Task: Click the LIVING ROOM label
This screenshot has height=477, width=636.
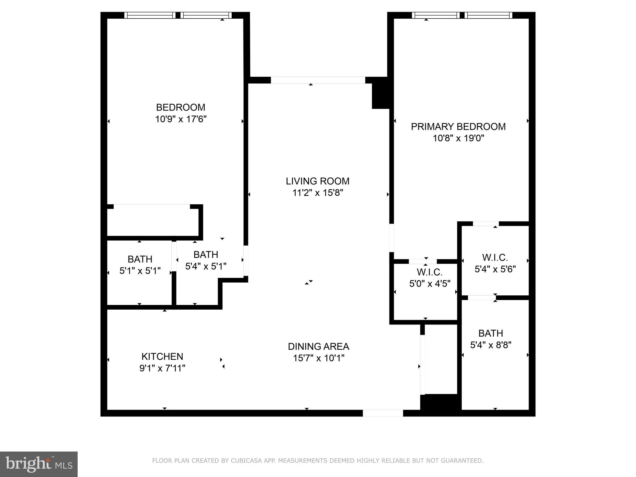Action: point(317,181)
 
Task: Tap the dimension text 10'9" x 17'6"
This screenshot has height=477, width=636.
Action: point(181,119)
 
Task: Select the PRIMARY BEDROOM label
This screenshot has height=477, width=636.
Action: point(458,127)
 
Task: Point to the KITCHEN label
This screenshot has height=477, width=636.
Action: point(162,356)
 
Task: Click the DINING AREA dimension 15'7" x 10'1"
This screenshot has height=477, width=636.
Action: point(319,358)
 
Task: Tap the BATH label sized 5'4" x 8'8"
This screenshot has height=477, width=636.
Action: point(490,333)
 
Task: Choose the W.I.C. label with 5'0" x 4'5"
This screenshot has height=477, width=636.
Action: point(429,272)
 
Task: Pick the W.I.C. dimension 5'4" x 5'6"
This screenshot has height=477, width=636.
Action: point(495,269)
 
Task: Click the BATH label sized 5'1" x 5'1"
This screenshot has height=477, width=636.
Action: point(140,259)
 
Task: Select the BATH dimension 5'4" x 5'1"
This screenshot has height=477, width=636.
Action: point(206,266)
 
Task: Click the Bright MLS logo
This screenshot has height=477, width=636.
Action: point(39,464)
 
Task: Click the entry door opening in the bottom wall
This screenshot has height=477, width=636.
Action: point(383,413)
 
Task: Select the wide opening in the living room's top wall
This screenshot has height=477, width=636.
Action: point(318,80)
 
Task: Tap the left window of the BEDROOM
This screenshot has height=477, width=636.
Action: point(150,15)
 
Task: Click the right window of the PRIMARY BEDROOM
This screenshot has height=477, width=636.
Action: point(488,15)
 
